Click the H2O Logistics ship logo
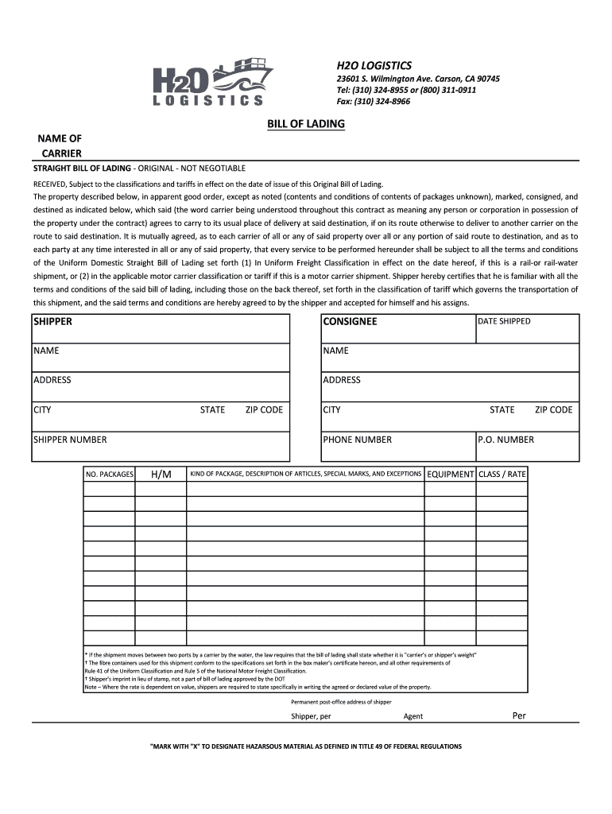[x=212, y=82]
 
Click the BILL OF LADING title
[x=305, y=125]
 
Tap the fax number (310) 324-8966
[x=374, y=102]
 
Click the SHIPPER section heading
[x=52, y=322]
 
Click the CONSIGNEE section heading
[x=350, y=322]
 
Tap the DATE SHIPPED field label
[x=504, y=321]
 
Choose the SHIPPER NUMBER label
[x=70, y=440]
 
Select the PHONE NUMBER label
[x=357, y=440]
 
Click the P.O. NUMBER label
[x=505, y=440]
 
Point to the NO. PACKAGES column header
[x=109, y=475]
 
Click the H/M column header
[x=161, y=475]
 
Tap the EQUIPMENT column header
[x=450, y=475]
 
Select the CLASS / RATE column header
[x=502, y=475]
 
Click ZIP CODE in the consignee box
[x=553, y=410]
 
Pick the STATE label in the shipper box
[x=212, y=410]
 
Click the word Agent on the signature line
[x=413, y=716]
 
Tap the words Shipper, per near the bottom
[x=311, y=716]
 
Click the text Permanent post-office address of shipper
[x=341, y=702]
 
